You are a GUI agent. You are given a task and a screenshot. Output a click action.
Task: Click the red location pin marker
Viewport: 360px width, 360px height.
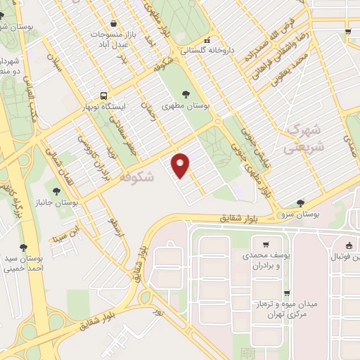[x=181, y=165]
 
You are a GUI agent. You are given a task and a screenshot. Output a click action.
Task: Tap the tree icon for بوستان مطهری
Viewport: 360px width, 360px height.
[x=186, y=95]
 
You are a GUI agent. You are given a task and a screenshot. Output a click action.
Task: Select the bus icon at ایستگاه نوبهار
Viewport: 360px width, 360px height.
[x=104, y=95]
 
